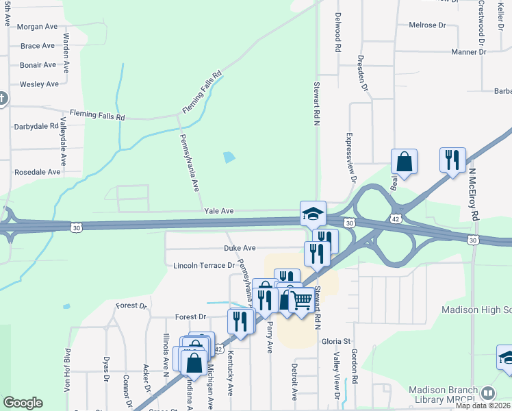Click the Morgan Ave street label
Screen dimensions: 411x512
(x=38, y=27)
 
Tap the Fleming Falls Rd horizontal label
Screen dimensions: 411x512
(x=97, y=116)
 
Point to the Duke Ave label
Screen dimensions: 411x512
(x=240, y=247)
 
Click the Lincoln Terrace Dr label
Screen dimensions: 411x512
(x=204, y=265)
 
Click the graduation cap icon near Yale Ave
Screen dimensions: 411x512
(x=313, y=214)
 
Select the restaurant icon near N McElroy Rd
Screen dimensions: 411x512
(x=452, y=160)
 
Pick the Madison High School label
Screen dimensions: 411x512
(x=476, y=310)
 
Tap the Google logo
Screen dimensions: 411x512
(x=23, y=403)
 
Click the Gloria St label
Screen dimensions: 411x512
(x=336, y=341)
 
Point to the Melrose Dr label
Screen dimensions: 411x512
(x=427, y=25)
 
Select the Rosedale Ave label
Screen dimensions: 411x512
(x=38, y=172)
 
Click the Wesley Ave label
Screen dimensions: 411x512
(x=39, y=84)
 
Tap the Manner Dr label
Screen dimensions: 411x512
(x=469, y=52)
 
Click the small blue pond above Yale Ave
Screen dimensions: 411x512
(x=229, y=157)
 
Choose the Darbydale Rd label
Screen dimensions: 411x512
(x=36, y=127)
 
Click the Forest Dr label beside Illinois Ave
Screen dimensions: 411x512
(x=190, y=317)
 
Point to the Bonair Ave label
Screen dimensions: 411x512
(x=38, y=65)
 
